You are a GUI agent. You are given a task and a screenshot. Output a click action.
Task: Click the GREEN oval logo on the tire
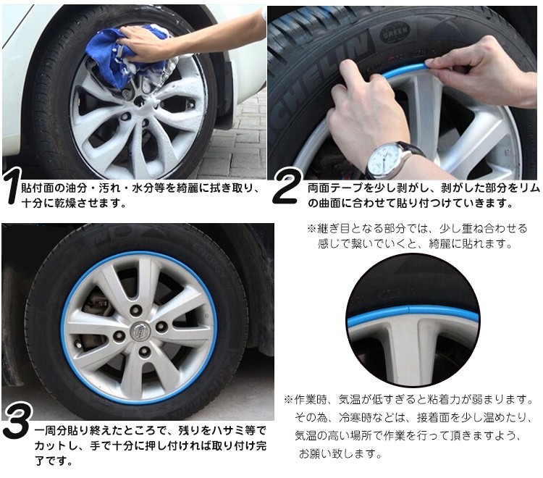point(395,32)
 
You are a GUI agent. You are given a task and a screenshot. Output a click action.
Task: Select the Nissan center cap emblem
point(138,332)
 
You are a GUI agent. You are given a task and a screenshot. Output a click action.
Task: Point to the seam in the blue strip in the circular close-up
point(408,310)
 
